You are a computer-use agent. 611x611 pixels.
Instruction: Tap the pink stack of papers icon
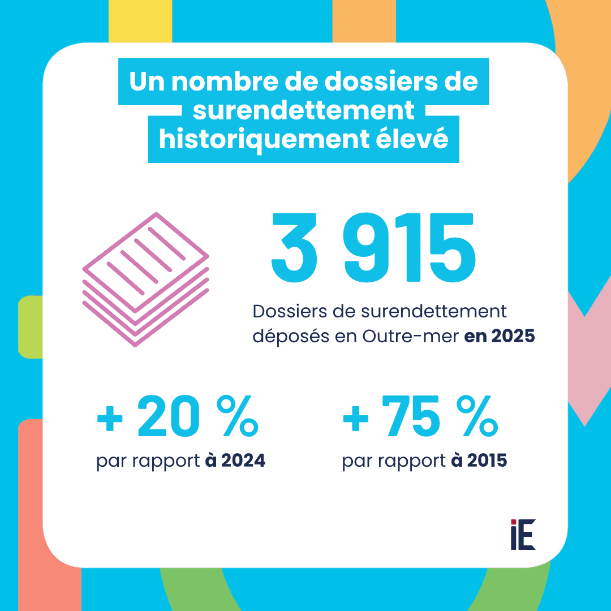146,279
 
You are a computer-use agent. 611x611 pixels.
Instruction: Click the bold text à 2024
231,461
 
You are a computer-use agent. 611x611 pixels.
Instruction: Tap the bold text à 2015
479,461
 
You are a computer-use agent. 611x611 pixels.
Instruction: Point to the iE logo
523,534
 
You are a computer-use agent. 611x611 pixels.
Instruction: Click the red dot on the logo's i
514,522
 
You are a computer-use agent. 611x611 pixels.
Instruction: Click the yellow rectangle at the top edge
140,20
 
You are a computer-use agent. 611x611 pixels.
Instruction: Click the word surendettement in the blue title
303,111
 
